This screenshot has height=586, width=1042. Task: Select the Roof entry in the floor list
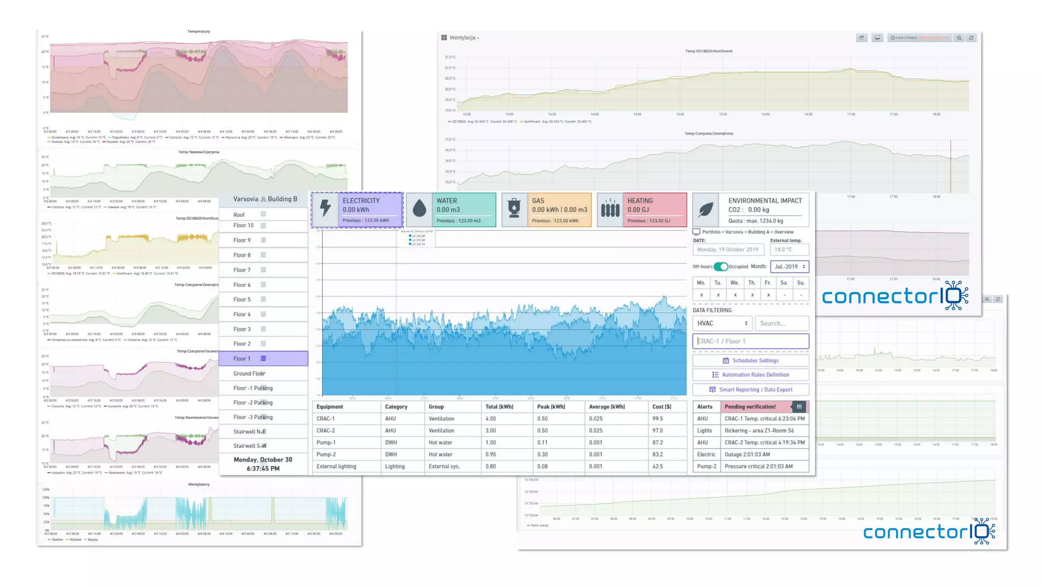point(239,215)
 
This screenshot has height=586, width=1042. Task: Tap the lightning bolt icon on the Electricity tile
point(326,209)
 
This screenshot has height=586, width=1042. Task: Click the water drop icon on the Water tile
point(419,209)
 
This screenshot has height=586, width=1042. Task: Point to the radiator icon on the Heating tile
point(610,209)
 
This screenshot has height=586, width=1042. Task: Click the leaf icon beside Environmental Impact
point(706,209)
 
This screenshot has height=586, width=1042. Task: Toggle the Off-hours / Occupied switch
point(720,267)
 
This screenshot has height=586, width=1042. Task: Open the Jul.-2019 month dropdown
point(789,267)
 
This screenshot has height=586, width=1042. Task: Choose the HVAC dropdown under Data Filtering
point(722,324)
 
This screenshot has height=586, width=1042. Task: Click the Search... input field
point(781,324)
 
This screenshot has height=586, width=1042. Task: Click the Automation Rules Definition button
point(750,375)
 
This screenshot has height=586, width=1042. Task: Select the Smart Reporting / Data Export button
point(750,390)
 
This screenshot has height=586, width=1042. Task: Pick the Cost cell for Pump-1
point(658,443)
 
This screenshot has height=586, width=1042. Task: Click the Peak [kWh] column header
point(551,407)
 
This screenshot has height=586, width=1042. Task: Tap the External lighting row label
point(336,466)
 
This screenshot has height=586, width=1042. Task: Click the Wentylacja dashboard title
point(462,38)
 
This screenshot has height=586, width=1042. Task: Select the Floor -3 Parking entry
point(253,417)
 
